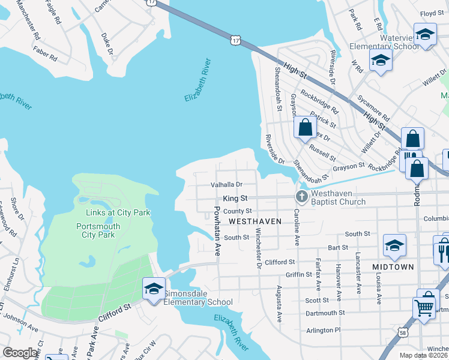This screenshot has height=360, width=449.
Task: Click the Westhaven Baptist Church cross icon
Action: coord(301,197)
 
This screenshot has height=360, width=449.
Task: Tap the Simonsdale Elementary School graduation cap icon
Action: coord(153,289)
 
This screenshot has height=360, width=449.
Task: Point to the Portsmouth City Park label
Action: coord(98,230)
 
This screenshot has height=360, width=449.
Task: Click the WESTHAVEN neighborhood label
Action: coord(255,221)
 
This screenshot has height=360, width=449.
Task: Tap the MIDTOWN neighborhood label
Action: coord(393,266)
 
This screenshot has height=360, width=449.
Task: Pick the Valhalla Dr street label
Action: coord(226,185)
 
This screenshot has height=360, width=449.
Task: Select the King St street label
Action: coord(235,197)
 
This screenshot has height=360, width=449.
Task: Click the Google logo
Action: coord(20,353)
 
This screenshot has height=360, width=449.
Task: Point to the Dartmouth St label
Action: coord(325,313)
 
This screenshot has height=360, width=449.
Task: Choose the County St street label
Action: coord(237,211)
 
